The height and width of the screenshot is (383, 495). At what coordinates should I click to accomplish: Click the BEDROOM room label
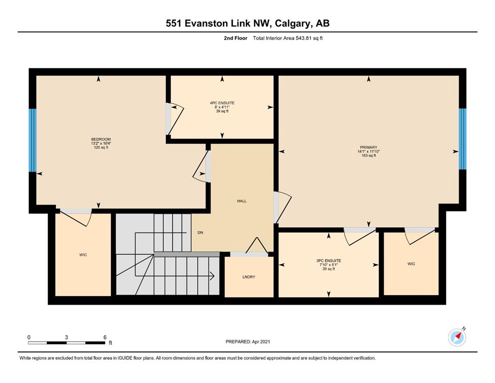[x=101, y=139]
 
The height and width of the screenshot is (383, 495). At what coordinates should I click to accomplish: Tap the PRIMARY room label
[x=368, y=148]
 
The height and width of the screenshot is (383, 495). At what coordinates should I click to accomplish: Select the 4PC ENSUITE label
[x=222, y=103]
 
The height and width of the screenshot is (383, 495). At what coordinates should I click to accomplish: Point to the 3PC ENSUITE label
[x=329, y=261]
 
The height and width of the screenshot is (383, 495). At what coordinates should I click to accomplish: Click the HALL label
[x=242, y=201]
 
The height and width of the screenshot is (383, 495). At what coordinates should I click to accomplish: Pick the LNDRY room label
[x=249, y=277]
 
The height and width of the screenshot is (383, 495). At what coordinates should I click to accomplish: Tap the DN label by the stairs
[x=200, y=233]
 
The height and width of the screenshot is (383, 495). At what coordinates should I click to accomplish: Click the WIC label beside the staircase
[x=83, y=255]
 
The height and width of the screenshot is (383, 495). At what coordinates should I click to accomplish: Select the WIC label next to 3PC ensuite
[x=411, y=264]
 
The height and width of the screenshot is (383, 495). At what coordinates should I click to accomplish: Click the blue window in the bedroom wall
[x=32, y=140]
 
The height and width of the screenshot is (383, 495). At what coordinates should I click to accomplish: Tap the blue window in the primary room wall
[x=463, y=139]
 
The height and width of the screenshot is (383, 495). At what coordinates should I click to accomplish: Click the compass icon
[x=457, y=337]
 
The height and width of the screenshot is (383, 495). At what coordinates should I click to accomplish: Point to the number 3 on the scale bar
[x=66, y=337]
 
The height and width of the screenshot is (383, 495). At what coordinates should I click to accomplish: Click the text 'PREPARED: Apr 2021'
[x=248, y=342]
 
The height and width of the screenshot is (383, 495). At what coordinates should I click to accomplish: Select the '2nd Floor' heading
[x=235, y=38]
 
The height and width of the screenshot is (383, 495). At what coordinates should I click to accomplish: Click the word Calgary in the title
[x=292, y=23]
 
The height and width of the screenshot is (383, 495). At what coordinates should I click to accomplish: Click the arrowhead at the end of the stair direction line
[x=212, y=276]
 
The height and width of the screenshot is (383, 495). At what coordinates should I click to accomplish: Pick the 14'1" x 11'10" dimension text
[x=368, y=152]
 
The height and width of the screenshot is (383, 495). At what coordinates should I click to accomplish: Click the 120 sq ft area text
[x=101, y=148]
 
